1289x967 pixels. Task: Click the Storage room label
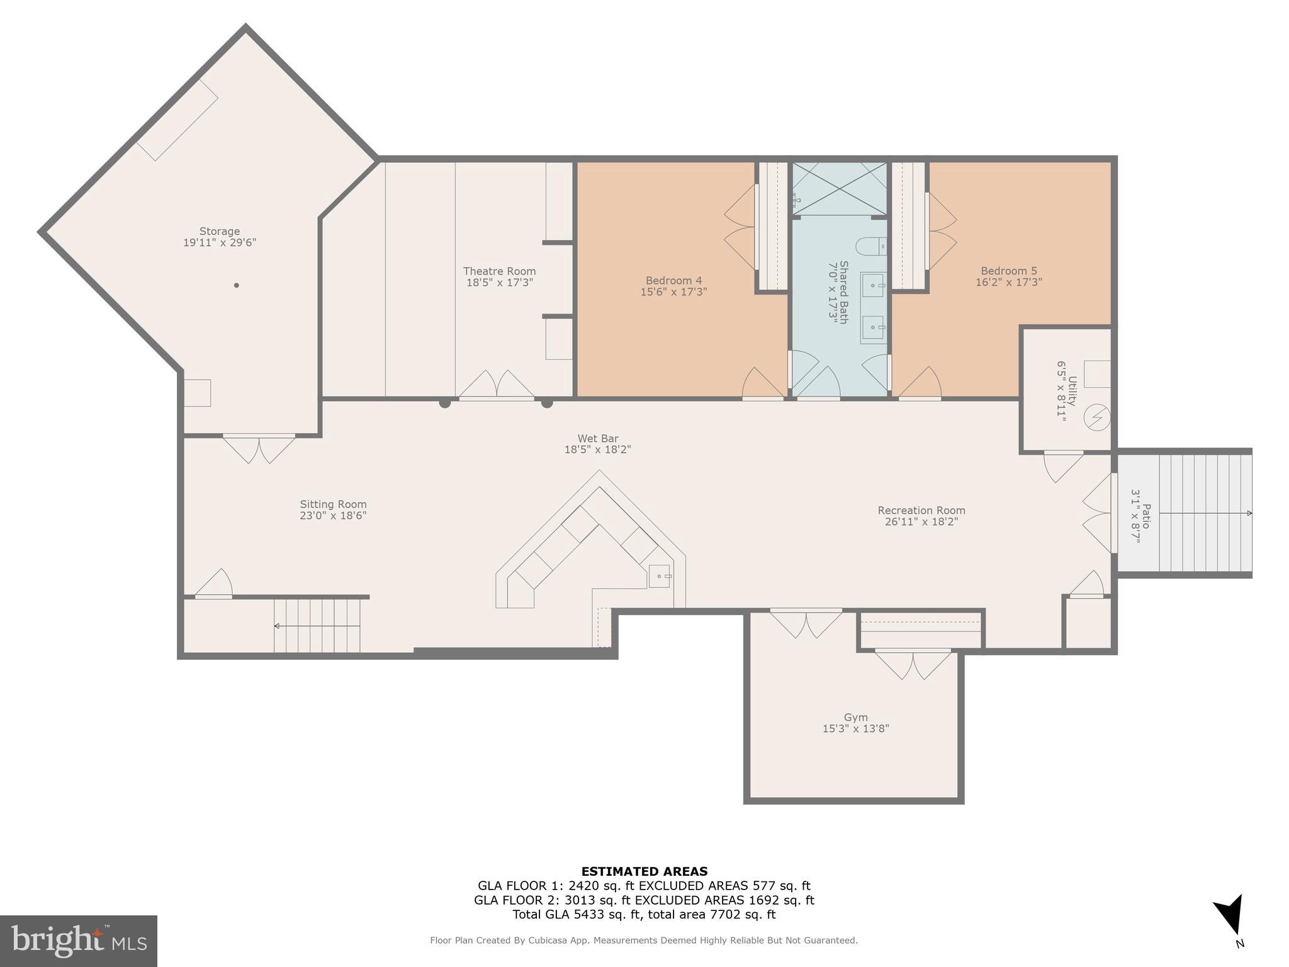220,232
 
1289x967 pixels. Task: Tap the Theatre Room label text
499,271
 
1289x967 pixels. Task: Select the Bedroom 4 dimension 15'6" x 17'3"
673,292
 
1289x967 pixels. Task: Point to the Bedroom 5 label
1008,271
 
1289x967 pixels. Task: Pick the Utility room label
1072,390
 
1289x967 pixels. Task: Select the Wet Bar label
598,439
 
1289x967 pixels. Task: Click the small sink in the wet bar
660,576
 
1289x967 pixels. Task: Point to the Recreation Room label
921,511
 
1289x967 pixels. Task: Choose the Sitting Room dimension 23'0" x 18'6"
333,516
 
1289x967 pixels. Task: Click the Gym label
855,718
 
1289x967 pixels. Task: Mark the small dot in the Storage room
237,285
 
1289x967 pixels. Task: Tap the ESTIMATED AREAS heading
644,871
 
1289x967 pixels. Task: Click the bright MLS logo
79,941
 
